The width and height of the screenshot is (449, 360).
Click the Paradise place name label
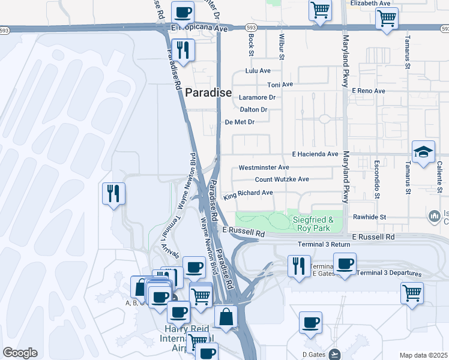click(208, 92)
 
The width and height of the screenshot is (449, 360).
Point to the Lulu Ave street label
click(259, 71)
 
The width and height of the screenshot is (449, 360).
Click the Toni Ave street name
click(280, 85)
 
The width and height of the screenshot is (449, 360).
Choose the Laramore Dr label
click(257, 97)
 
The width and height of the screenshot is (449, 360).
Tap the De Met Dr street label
click(240, 122)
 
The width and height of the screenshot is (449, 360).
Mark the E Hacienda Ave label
click(315, 154)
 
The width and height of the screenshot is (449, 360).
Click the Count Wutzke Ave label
click(282, 179)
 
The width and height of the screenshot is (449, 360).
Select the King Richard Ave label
click(248, 194)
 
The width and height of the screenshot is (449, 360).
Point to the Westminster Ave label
click(264, 167)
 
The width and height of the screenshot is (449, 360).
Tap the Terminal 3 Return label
click(324, 244)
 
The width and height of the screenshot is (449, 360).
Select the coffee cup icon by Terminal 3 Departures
click(345, 264)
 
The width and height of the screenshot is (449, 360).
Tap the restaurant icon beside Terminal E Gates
click(298, 265)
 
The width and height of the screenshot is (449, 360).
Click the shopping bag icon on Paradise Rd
click(225, 317)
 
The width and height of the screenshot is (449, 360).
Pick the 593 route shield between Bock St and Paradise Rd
click(252, 27)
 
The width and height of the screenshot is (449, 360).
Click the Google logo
click(20, 353)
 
